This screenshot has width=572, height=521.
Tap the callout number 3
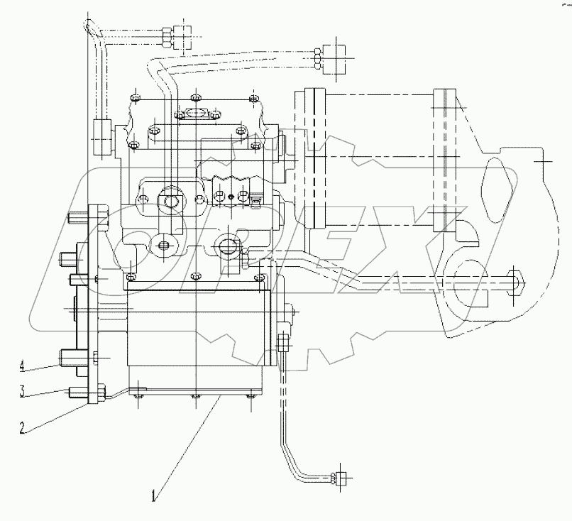tap(23, 390)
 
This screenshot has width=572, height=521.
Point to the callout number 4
tap(23, 366)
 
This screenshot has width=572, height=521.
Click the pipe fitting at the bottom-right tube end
tap(341, 478)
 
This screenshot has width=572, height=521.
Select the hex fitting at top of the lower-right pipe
tap(282, 342)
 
